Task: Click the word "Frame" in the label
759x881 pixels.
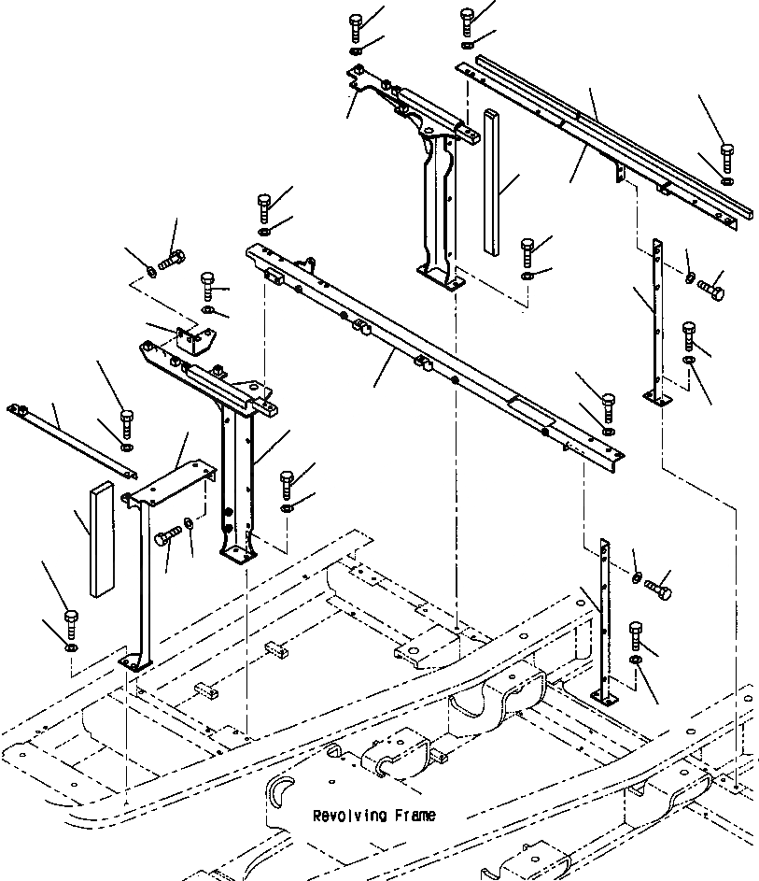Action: click(415, 816)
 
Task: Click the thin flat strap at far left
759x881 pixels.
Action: click(70, 436)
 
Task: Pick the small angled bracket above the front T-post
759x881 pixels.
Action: click(192, 341)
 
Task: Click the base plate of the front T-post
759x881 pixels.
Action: click(237, 556)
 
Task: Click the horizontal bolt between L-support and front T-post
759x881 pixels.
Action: click(166, 538)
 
